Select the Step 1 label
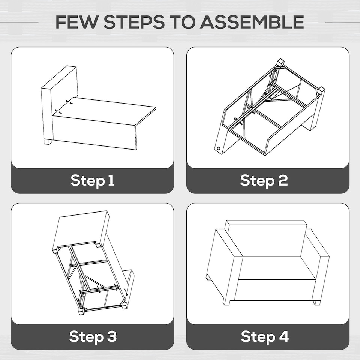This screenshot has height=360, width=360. coord(92,180)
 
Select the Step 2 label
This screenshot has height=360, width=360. coord(264,180)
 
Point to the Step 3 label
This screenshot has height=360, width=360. coord(93,336)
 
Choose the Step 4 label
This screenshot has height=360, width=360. coord(265,336)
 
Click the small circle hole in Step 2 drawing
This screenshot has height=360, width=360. coord(219,148)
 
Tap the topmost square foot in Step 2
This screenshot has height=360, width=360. coord(281,63)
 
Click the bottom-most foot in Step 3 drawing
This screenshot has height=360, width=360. coord(81,312)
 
